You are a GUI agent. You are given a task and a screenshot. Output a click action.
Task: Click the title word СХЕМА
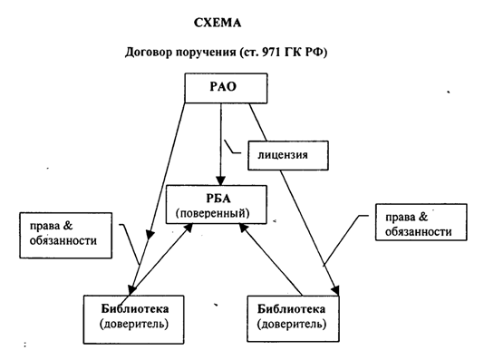tap(218, 23)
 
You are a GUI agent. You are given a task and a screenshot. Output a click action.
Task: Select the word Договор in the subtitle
tap(149, 53)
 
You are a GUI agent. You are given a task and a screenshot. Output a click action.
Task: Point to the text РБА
tap(218, 199)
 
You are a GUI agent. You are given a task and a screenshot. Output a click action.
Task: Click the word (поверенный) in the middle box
tap(213, 213)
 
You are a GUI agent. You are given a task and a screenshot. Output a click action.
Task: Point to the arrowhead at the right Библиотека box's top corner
tap(335, 291)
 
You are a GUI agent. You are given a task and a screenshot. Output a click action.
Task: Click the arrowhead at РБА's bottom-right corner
tap(244, 228)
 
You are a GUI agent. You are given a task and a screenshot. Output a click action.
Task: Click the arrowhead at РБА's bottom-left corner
tap(189, 228)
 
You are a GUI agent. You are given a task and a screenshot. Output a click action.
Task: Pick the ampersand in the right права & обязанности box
tap(423, 217)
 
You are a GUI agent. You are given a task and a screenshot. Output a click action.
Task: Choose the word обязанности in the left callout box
tap(63, 240)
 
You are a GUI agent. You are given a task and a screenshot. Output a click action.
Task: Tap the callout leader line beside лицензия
tap(232, 147)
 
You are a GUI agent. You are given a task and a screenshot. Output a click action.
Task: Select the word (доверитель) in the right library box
tap(292, 325)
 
